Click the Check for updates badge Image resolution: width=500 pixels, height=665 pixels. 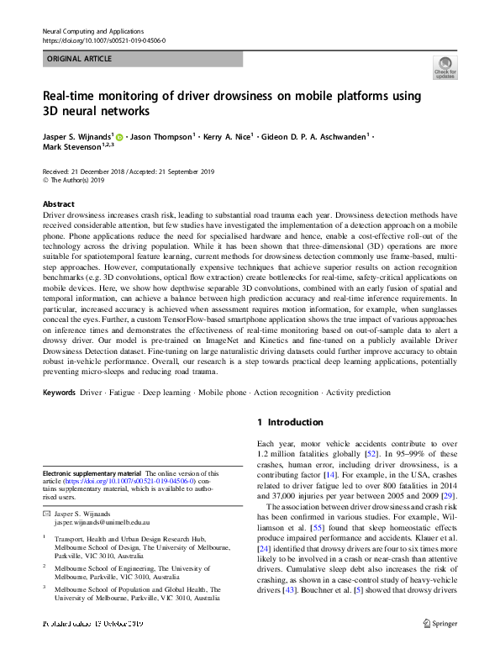tap(445, 67)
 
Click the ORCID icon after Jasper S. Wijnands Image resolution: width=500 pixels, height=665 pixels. tap(120, 136)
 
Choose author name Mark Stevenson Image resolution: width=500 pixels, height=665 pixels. tap(71, 146)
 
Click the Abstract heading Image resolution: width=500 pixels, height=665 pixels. tap(59, 204)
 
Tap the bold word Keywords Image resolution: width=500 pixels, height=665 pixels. tap(59, 393)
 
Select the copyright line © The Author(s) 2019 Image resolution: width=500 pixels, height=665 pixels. tap(73, 180)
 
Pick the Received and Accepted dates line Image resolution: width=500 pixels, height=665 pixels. tap(128, 171)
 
